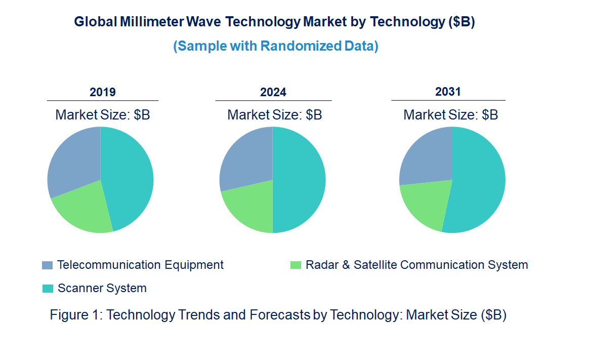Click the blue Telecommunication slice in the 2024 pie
(245, 159)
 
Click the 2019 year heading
(103, 92)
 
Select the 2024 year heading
(273, 92)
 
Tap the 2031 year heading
(448, 92)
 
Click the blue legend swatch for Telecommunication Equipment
(47, 265)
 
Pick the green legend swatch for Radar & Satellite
(295, 265)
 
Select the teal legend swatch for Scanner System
(47, 289)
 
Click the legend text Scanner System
(102, 289)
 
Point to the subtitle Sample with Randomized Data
(276, 46)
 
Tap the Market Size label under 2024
(275, 114)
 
